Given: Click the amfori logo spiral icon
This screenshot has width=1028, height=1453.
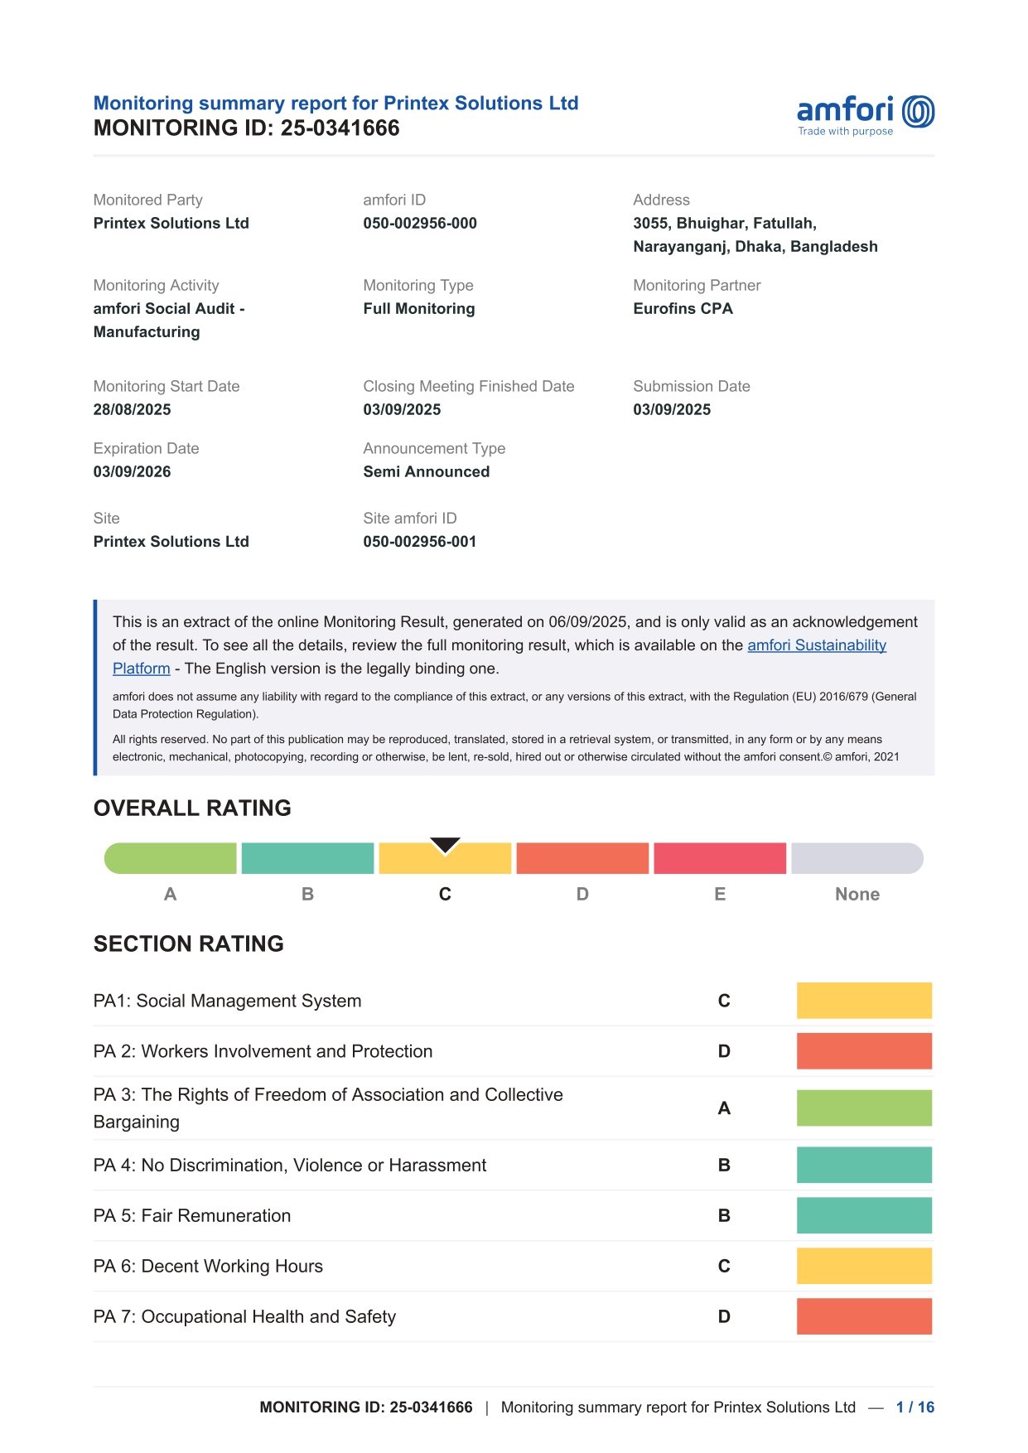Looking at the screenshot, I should (918, 112).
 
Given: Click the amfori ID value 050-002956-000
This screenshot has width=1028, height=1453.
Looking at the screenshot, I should (420, 223).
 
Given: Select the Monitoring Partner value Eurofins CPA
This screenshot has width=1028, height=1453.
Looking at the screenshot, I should (683, 308).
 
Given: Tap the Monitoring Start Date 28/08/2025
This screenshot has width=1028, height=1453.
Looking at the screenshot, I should (132, 409).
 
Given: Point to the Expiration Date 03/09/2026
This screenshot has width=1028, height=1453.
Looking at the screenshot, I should (132, 471).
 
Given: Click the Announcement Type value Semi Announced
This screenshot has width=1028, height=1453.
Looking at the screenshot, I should (426, 471).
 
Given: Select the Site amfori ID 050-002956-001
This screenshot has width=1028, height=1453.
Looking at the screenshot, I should (419, 541).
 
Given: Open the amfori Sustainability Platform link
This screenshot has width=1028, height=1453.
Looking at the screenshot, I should (816, 645).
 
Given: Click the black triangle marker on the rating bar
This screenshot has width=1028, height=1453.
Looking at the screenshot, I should (445, 845).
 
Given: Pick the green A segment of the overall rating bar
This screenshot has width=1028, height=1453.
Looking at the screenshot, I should (171, 858).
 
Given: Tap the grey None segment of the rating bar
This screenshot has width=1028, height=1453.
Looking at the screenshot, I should (857, 858).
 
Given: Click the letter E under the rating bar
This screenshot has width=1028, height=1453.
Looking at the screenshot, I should (720, 894).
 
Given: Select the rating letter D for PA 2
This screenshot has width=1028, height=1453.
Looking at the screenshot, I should (724, 1051).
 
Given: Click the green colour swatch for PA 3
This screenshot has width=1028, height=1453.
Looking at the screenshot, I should (864, 1108).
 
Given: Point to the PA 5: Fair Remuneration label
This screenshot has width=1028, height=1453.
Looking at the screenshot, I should (192, 1215).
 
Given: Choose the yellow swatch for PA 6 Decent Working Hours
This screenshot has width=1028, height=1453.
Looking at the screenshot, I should (864, 1266).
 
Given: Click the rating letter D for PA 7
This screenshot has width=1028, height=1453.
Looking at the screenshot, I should (724, 1316).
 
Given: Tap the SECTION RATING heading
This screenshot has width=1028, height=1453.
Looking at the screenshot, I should (188, 944).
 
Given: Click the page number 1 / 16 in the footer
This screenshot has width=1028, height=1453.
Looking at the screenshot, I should (915, 1407).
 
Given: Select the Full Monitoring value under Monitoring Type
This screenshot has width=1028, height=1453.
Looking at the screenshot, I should (418, 308).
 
